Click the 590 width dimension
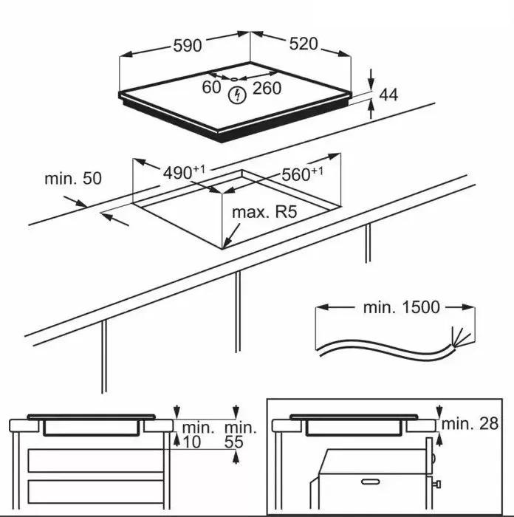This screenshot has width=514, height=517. coord(188,46)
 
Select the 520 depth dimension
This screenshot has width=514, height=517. coord(303,44)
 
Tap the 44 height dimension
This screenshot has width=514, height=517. coord(388,95)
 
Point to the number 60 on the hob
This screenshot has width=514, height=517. coord(212,88)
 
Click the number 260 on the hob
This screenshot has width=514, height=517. coord(267,89)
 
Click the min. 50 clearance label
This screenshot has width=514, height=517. coord(73,178)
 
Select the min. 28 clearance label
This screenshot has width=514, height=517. coord(470,423)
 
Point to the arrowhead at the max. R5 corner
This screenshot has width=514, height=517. coord(226,243)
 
